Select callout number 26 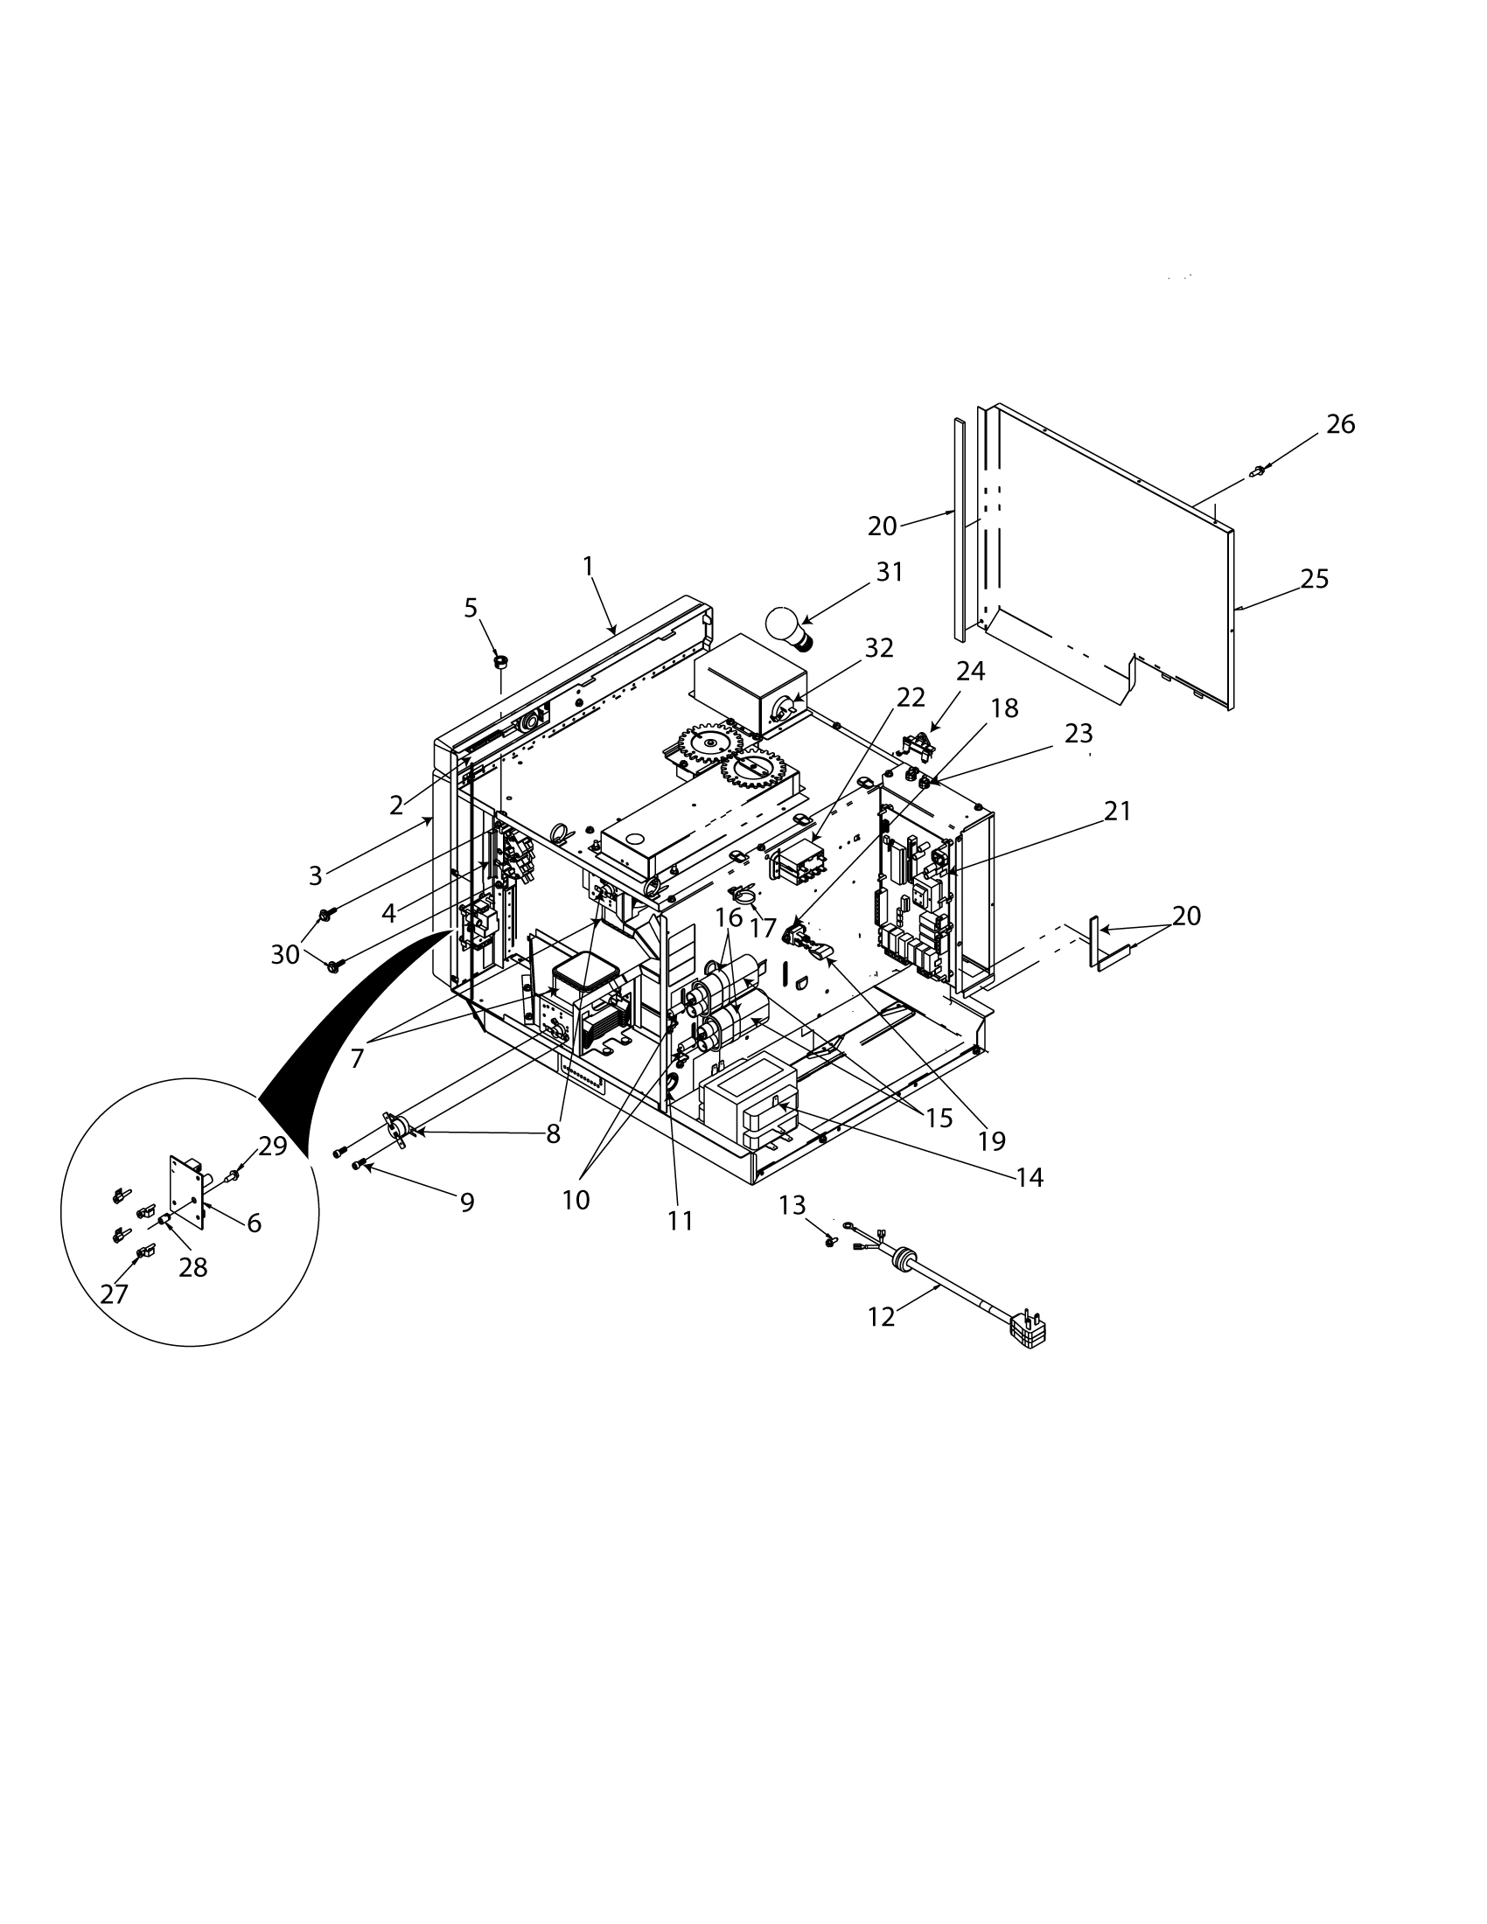pyautogui.click(x=1340, y=425)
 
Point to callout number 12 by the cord pyautogui.click(x=881, y=1342)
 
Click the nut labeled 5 pyautogui.click(x=500, y=659)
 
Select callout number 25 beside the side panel pyautogui.click(x=1314, y=580)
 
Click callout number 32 pyautogui.click(x=879, y=648)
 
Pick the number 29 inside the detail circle pyautogui.click(x=272, y=1147)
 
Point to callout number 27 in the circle pyautogui.click(x=114, y=1294)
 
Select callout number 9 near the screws pyautogui.click(x=467, y=1202)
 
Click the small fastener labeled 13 pyautogui.click(x=830, y=1240)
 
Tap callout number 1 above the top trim pyautogui.click(x=589, y=567)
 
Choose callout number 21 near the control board pyautogui.click(x=1117, y=811)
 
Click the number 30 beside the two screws pyautogui.click(x=284, y=954)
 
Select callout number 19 pyautogui.click(x=991, y=1140)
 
